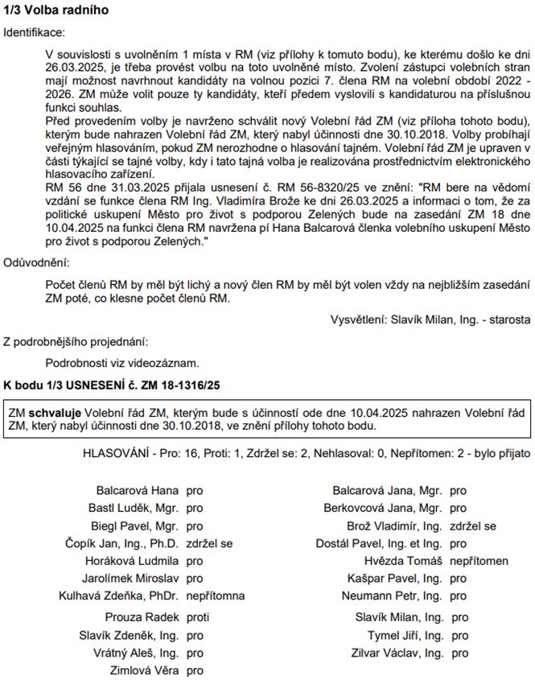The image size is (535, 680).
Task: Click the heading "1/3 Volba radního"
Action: point(56,10)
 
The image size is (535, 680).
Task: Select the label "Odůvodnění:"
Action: point(36,263)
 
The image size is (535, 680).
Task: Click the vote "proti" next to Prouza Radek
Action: point(197,617)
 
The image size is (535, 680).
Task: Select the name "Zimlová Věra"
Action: point(144,670)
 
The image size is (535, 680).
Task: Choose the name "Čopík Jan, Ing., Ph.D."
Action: point(121,543)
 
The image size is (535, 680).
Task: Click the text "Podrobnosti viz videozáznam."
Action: point(122,363)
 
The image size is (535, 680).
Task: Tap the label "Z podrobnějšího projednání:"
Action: point(76,340)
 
